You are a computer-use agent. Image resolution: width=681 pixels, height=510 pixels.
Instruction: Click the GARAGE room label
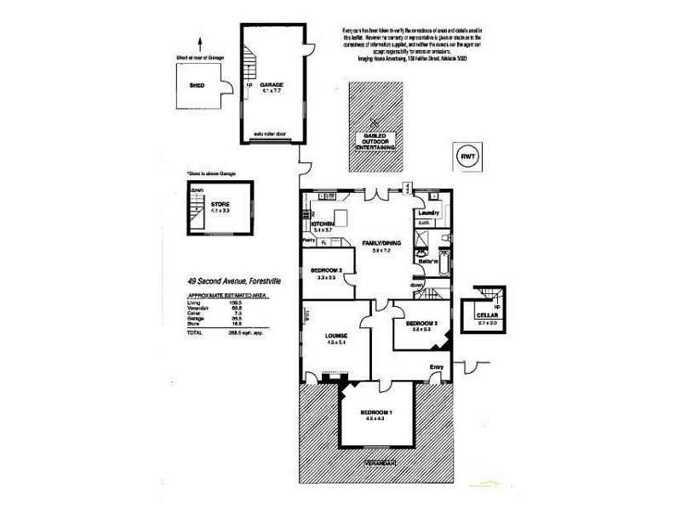pyautogui.click(x=272, y=85)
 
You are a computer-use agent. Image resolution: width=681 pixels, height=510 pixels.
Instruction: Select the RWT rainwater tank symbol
pyautogui.click(x=468, y=156)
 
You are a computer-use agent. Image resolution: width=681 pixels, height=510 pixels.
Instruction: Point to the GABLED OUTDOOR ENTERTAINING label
pyautogui.click(x=376, y=141)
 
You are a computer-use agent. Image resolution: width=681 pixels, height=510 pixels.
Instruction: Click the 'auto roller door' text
pyautogui.click(x=272, y=134)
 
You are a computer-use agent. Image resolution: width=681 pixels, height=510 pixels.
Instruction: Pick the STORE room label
pyautogui.click(x=220, y=205)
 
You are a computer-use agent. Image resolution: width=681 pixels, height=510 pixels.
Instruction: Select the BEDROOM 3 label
pyautogui.click(x=328, y=270)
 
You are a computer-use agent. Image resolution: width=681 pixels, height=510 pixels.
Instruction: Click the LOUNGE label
pyautogui.click(x=335, y=336)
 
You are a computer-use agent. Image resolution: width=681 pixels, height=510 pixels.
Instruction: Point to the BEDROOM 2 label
pyautogui.click(x=421, y=324)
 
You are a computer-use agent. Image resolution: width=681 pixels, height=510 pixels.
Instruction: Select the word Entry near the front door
pyautogui.click(x=437, y=367)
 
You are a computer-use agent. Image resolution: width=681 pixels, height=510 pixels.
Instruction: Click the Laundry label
pyautogui.click(x=427, y=212)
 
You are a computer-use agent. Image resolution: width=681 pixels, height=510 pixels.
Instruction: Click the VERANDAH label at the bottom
pyautogui.click(x=378, y=463)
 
